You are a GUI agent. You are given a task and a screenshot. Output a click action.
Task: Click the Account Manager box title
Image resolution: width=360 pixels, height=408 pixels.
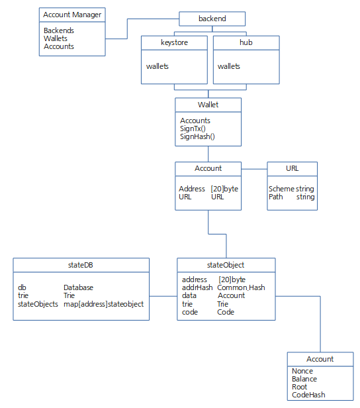(x=72, y=15)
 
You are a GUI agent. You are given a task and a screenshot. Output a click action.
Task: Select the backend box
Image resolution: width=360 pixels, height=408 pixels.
(x=212, y=19)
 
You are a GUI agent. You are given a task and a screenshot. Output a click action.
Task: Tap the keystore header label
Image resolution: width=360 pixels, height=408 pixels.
(x=174, y=42)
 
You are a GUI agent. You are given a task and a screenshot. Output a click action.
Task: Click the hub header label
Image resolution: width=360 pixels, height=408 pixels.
(x=246, y=42)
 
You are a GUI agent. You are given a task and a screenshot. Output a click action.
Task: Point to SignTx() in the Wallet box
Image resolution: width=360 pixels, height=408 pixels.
(x=193, y=128)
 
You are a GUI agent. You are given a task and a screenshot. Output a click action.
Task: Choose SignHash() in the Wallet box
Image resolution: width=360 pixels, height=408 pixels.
(x=197, y=136)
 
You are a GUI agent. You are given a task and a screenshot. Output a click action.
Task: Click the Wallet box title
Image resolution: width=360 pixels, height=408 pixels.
(x=208, y=105)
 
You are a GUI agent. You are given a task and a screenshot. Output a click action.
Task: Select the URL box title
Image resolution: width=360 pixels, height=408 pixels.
(x=292, y=168)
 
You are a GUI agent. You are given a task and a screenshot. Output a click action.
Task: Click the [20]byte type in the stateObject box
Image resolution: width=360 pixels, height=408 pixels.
(x=232, y=280)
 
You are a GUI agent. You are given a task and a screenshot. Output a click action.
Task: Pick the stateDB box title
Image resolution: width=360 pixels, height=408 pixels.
(x=80, y=265)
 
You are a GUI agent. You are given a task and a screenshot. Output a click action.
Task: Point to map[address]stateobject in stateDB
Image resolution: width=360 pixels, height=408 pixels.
(x=103, y=304)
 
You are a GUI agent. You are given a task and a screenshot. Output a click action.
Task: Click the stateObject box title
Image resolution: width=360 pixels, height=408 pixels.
(x=226, y=265)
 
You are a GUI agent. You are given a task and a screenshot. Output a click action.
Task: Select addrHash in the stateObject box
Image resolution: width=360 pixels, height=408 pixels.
(x=197, y=287)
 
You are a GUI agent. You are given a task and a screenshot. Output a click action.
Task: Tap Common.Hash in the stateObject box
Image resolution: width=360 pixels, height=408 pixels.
(x=241, y=287)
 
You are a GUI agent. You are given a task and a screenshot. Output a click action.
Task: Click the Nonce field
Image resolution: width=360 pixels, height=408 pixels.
(x=302, y=371)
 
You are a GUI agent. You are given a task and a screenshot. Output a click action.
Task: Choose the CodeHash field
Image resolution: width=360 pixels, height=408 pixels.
(x=308, y=395)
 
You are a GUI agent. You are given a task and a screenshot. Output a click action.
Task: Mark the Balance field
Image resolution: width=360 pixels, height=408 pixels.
(x=304, y=379)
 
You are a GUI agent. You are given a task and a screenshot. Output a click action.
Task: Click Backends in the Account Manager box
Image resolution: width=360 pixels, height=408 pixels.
(x=59, y=30)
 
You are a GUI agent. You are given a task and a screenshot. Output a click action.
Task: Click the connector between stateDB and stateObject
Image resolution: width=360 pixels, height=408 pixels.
(x=163, y=296)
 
